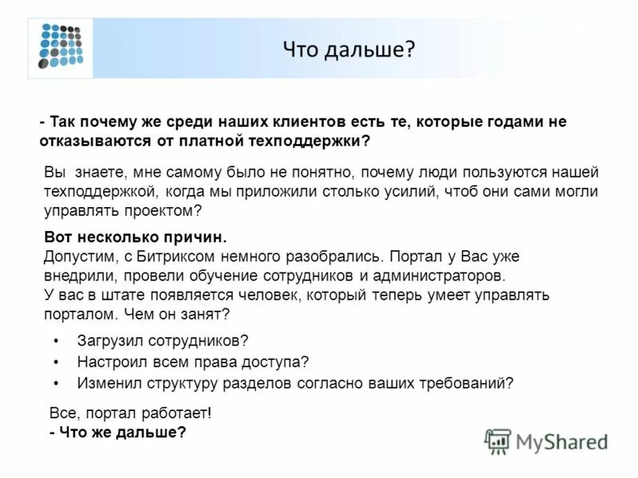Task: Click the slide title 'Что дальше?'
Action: pyautogui.click(x=349, y=50)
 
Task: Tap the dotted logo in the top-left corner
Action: pyautogui.click(x=61, y=46)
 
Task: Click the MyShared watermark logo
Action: pyautogui.click(x=546, y=441)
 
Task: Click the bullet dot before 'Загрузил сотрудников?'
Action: pyautogui.click(x=56, y=341)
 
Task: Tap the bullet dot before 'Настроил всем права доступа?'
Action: pyautogui.click(x=56, y=362)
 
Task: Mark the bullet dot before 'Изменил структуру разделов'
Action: pyautogui.click(x=56, y=382)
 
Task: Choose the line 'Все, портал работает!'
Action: pyautogui.click(x=130, y=414)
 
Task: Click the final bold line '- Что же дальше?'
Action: pyautogui.click(x=118, y=432)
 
